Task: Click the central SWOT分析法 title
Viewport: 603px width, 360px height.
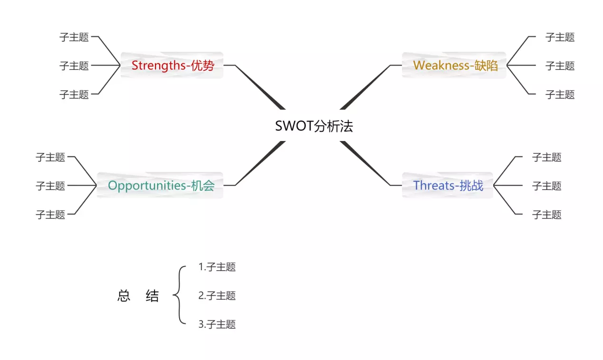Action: [x=314, y=126]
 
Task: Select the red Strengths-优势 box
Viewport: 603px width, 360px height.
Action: [x=172, y=65]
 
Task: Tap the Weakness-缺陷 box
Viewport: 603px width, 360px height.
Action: [x=455, y=65]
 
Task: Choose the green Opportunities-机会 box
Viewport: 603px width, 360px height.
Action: [x=161, y=185]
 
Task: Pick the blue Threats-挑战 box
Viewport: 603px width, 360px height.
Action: [x=448, y=185]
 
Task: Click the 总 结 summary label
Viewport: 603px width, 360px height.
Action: [x=138, y=296]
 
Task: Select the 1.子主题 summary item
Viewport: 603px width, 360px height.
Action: [x=217, y=267]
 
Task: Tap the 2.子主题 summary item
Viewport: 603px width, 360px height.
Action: [x=217, y=296]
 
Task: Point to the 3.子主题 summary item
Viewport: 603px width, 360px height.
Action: [x=217, y=324]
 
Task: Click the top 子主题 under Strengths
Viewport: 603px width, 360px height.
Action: [x=74, y=37]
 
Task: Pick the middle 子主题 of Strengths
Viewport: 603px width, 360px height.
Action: [x=74, y=66]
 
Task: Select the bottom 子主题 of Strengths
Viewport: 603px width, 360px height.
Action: [x=74, y=94]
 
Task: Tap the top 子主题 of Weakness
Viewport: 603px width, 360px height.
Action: [x=560, y=37]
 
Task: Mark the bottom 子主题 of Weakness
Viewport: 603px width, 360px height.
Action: [x=560, y=94]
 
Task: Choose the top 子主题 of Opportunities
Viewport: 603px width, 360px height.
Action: [x=50, y=157]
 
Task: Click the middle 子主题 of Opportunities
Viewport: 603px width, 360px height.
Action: [x=50, y=186]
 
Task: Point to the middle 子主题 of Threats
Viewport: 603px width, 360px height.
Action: [x=546, y=186]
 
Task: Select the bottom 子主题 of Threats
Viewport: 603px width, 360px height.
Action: [x=546, y=214]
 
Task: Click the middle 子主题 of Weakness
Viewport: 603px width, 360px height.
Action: [x=560, y=66]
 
